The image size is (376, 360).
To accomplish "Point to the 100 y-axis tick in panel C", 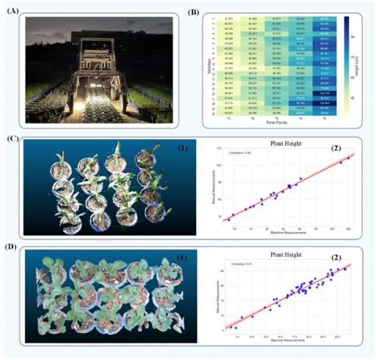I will tap(219, 166).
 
